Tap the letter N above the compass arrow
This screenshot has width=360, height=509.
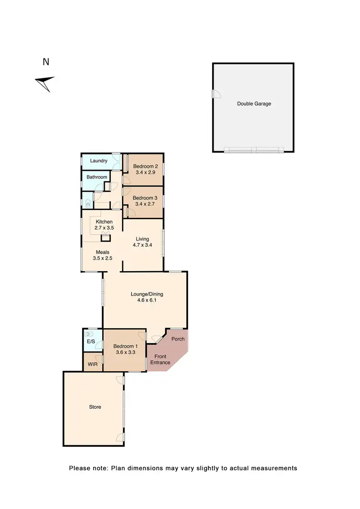click(46, 62)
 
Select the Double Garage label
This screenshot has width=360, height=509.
click(254, 104)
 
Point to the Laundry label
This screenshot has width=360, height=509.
click(98, 161)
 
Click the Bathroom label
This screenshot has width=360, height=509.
click(97, 177)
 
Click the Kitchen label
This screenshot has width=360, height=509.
click(104, 222)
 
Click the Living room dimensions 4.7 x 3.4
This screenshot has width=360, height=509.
click(142, 246)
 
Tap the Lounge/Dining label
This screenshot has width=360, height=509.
click(144, 294)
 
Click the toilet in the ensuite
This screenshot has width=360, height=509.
click(88, 334)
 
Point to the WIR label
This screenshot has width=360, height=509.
click(92, 365)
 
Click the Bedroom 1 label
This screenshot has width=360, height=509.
click(125, 347)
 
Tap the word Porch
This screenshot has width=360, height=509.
click(178, 339)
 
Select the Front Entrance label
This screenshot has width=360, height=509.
click(160, 359)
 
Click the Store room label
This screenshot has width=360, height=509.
click(95, 407)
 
